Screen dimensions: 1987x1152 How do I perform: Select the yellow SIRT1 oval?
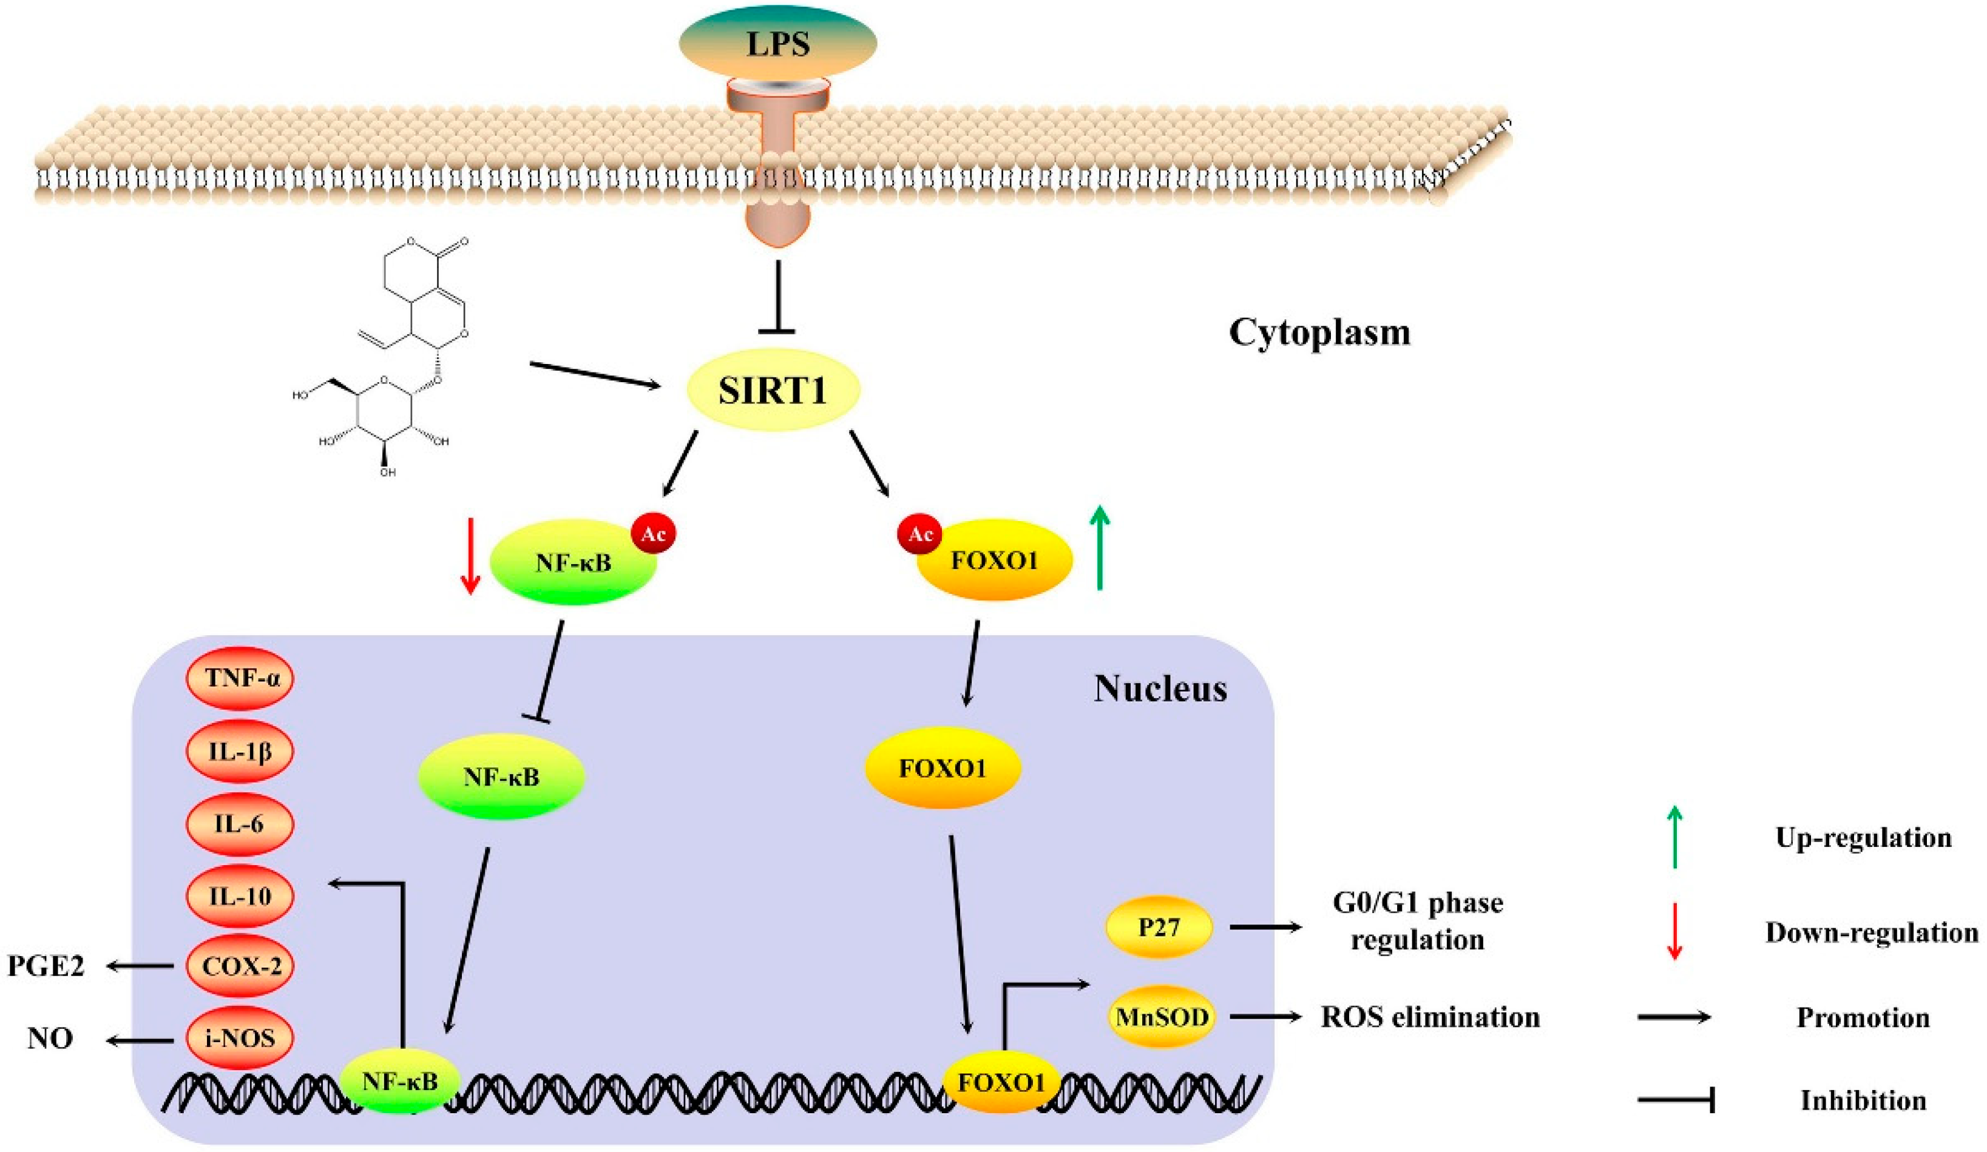click(x=773, y=390)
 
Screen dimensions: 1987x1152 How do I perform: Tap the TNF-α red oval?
click(x=240, y=678)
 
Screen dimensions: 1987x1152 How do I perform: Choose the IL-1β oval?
click(x=240, y=752)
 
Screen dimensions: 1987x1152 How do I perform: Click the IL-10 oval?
click(x=240, y=896)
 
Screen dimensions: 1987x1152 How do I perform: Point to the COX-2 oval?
click(x=240, y=966)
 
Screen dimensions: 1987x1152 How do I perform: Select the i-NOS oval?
click(x=240, y=1038)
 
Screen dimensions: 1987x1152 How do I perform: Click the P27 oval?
click(x=1159, y=927)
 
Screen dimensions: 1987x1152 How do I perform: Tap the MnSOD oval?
click(x=1162, y=1017)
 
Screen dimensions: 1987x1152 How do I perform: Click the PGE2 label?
click(x=46, y=966)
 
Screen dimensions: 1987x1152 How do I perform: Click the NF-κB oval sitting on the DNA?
click(x=400, y=1081)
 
